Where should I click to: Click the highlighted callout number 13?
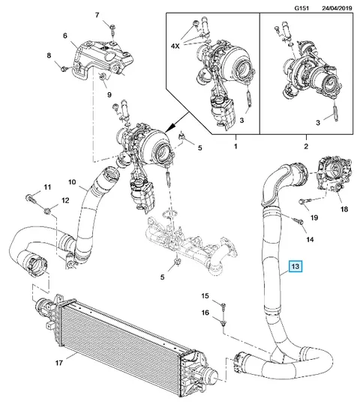295,265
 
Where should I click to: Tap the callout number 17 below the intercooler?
59,363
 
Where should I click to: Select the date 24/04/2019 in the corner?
337,8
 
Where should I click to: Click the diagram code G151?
301,8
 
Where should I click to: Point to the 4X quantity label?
175,46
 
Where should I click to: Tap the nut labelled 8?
63,68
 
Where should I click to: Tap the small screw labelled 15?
223,306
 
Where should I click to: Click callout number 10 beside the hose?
72,182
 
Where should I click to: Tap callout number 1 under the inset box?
235,147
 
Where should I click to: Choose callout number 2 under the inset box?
306,147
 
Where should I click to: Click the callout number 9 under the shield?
109,94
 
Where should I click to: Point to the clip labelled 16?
223,323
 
